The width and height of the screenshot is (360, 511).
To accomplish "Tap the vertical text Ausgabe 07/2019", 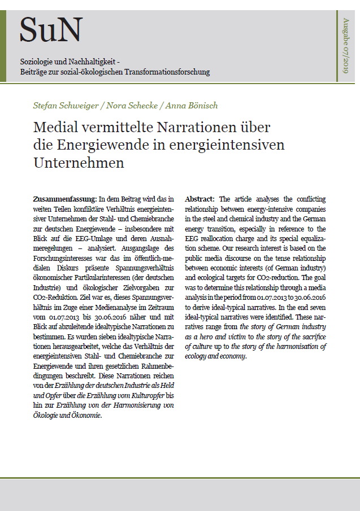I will [x=346, y=45].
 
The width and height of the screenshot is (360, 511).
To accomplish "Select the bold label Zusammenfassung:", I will [x=64, y=199].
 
